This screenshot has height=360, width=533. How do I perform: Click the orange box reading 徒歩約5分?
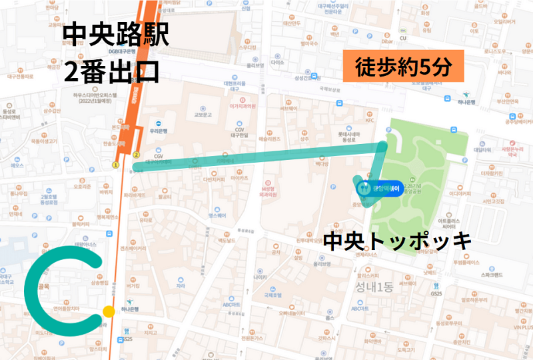click(404, 67)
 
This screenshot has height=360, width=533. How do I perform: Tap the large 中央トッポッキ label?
click(397, 241)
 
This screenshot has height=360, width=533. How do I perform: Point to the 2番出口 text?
click(111, 69)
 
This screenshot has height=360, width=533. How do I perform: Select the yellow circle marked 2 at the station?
click(136, 155)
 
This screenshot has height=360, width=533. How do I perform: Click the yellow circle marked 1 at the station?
click(115, 164)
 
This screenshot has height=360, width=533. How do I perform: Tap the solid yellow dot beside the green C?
click(108, 311)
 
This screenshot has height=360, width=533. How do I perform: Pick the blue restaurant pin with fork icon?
click(363, 189)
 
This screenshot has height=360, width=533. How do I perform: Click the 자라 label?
click(180, 285)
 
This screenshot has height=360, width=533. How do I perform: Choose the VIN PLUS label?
click(522, 327)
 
